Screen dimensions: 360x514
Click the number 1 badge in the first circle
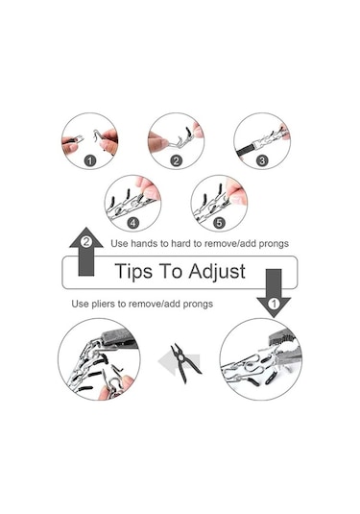(x=90, y=161)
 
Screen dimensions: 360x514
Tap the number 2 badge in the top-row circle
(x=177, y=161)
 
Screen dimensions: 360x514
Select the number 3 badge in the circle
(x=262, y=161)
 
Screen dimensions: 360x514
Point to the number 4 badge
(x=133, y=223)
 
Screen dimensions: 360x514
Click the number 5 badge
(x=219, y=223)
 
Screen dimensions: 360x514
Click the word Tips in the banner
(x=134, y=272)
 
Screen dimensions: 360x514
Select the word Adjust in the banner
(x=217, y=272)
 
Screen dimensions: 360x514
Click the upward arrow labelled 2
(x=86, y=251)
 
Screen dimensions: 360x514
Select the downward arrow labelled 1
(x=274, y=293)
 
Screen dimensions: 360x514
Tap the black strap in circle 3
(x=246, y=151)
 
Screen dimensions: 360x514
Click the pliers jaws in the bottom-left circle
(x=118, y=338)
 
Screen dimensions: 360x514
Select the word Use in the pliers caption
(x=80, y=304)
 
